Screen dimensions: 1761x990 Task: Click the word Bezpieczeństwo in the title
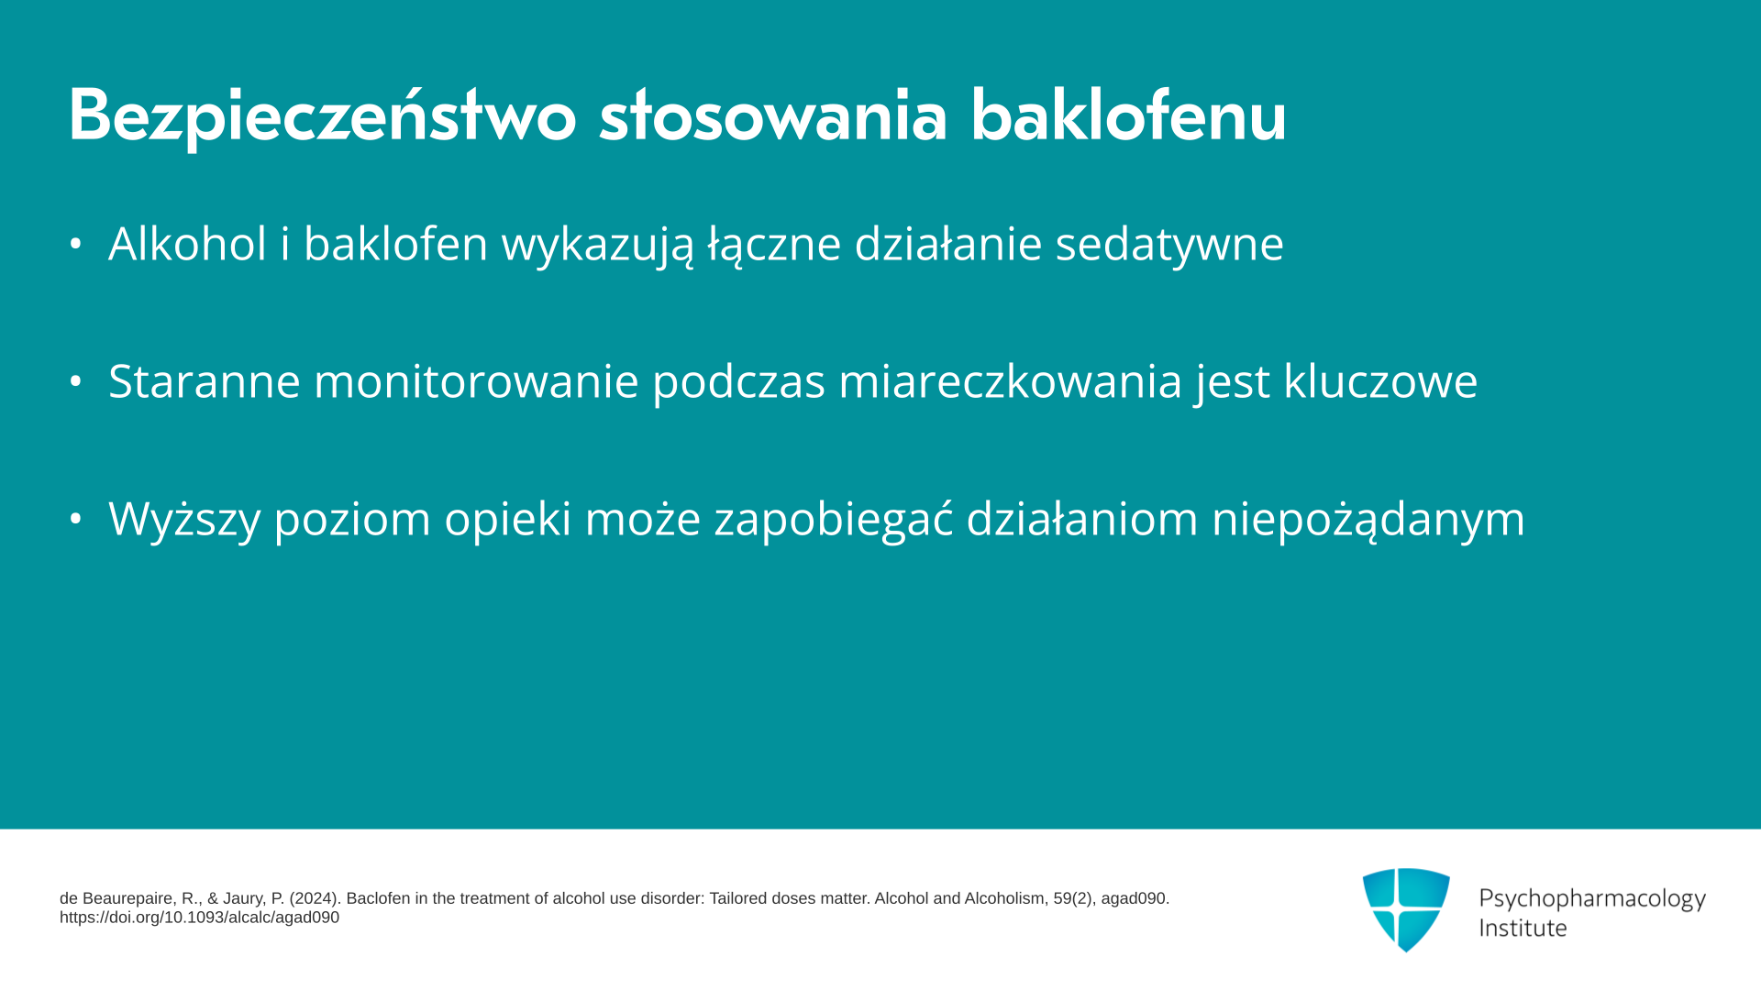click(322, 116)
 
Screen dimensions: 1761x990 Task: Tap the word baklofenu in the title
click(1129, 115)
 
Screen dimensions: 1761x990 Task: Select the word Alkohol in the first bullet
click(188, 244)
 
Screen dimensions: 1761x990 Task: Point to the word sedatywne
click(1169, 245)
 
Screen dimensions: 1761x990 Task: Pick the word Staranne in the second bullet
click(205, 381)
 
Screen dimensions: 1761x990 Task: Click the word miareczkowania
click(1011, 381)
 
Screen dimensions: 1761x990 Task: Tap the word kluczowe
click(1380, 381)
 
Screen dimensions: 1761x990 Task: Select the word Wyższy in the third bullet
click(184, 520)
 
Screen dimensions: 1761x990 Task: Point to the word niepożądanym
click(1368, 520)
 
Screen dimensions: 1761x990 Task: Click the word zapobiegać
click(834, 520)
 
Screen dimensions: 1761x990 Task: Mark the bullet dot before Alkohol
click(76, 244)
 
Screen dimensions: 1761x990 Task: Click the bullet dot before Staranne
click(76, 381)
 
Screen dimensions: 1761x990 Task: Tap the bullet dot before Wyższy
click(76, 519)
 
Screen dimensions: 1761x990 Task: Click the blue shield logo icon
click(1406, 909)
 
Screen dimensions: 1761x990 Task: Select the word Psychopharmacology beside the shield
click(1592, 899)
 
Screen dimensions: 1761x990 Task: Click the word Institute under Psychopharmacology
click(1523, 928)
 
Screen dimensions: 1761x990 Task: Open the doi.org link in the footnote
click(199, 918)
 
